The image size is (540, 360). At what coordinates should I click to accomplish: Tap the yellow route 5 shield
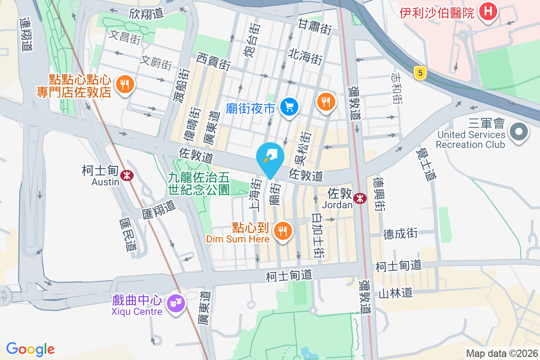420,73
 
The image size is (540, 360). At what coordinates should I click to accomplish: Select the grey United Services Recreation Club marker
519,132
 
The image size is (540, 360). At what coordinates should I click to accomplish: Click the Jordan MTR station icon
360,198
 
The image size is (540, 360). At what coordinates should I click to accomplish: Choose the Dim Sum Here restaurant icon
283,231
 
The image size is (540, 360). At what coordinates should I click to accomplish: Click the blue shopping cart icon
289,107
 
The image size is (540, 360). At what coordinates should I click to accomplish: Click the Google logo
30,349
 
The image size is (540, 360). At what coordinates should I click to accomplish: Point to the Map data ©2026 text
501,353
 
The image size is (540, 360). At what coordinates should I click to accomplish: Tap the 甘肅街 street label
315,27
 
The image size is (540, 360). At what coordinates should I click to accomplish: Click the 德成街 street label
400,234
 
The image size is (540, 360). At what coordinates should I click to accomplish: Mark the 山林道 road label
395,293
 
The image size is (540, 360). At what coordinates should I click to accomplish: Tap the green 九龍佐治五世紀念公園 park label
199,184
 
